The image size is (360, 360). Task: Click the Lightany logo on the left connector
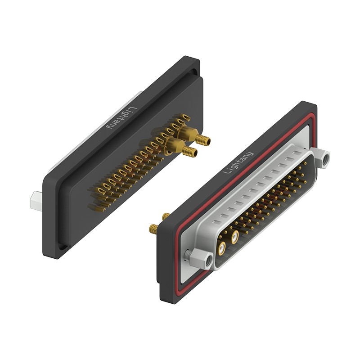[121, 118]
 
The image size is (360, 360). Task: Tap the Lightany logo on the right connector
[238, 163]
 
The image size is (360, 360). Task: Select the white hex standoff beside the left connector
[35, 200]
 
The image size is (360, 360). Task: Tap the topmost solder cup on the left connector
[185, 117]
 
